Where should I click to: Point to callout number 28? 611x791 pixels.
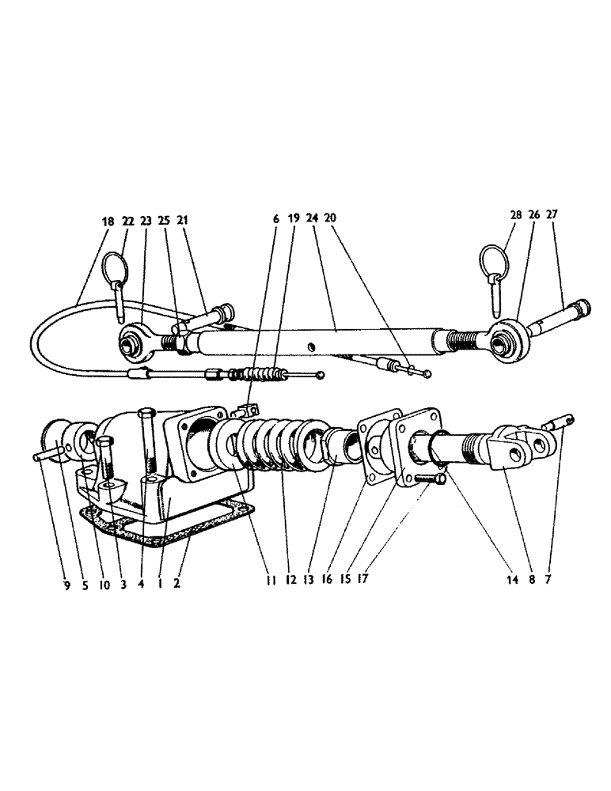click(516, 215)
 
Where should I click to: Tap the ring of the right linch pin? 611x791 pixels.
click(491, 259)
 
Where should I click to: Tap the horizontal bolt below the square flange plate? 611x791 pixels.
click(427, 478)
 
